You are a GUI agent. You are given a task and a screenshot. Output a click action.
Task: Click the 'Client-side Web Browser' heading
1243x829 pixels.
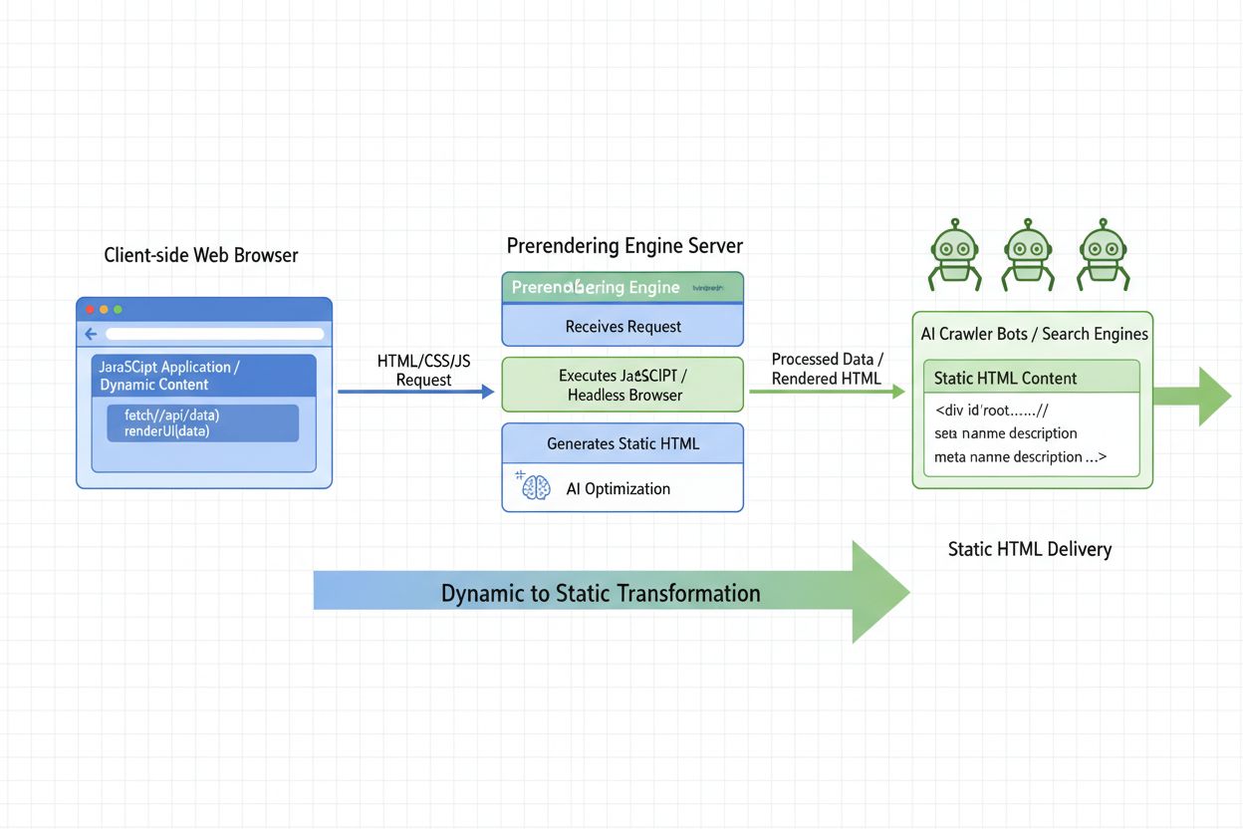200,255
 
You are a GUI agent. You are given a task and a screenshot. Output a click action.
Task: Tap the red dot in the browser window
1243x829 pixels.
90,310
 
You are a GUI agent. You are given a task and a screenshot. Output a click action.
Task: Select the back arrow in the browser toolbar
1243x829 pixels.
91,334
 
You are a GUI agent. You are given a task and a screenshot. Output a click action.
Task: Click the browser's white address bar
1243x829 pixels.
214,334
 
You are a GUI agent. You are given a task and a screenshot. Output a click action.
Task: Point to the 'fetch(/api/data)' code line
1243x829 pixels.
171,414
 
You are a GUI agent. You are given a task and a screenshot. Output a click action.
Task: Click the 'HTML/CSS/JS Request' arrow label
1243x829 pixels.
423,370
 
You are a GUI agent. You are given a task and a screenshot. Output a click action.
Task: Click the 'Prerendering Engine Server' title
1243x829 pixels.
624,245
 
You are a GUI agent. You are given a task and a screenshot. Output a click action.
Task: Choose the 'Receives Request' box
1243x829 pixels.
622,326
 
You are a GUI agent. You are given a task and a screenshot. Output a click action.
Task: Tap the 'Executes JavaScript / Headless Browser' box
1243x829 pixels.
622,385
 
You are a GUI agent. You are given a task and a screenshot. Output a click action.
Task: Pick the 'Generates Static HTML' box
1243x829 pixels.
622,443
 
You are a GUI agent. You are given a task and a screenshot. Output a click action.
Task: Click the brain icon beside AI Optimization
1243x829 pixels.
535,487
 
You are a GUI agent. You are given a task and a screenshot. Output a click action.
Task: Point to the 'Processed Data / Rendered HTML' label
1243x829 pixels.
827,369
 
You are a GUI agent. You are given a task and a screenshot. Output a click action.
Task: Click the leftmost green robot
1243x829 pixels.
955,252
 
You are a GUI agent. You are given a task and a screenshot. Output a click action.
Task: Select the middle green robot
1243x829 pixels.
1028,252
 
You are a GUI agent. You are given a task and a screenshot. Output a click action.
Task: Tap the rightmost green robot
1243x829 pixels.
1103,252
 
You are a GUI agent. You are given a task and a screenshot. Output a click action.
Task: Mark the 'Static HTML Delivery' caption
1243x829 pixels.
1029,549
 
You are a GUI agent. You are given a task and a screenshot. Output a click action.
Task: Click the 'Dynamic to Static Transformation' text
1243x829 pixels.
601,594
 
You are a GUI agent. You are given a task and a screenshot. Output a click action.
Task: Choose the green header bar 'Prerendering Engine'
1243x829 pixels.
622,287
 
